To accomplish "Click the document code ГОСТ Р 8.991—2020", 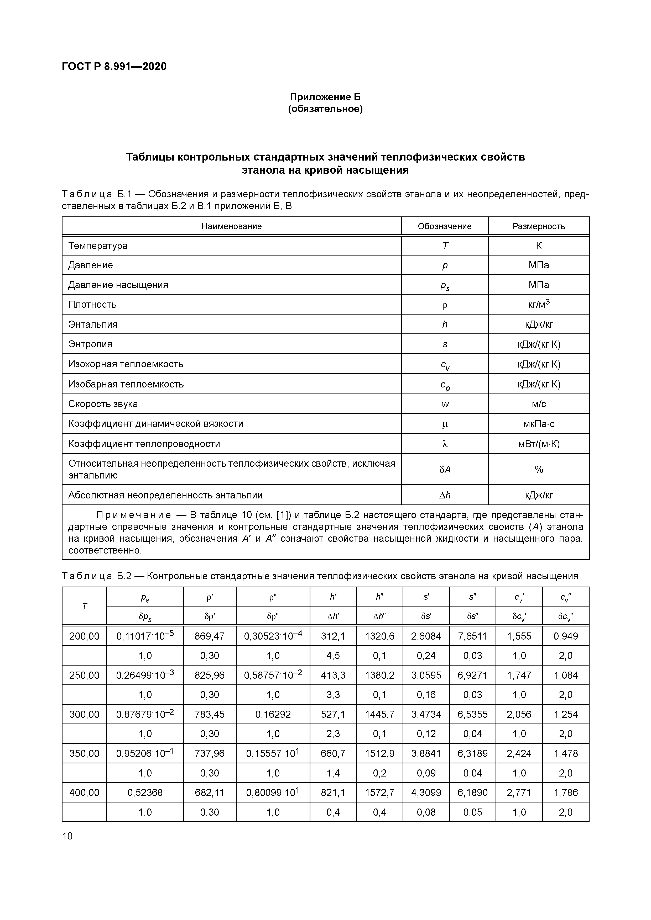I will (x=114, y=67).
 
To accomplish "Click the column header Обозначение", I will (x=444, y=226).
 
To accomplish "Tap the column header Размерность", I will (x=538, y=226).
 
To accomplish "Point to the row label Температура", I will (x=98, y=246).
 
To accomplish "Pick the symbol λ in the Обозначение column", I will (x=444, y=444).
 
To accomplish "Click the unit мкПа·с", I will (x=538, y=424).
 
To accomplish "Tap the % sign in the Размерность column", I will (x=539, y=469).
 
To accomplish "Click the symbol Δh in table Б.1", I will (x=444, y=495).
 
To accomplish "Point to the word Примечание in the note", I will (x=134, y=515).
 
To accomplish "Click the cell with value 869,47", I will (x=209, y=636).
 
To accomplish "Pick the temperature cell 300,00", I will (x=84, y=714).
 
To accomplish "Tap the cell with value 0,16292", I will (x=273, y=714).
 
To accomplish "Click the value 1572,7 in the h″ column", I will (x=379, y=793).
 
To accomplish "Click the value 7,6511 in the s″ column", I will (x=472, y=636).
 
